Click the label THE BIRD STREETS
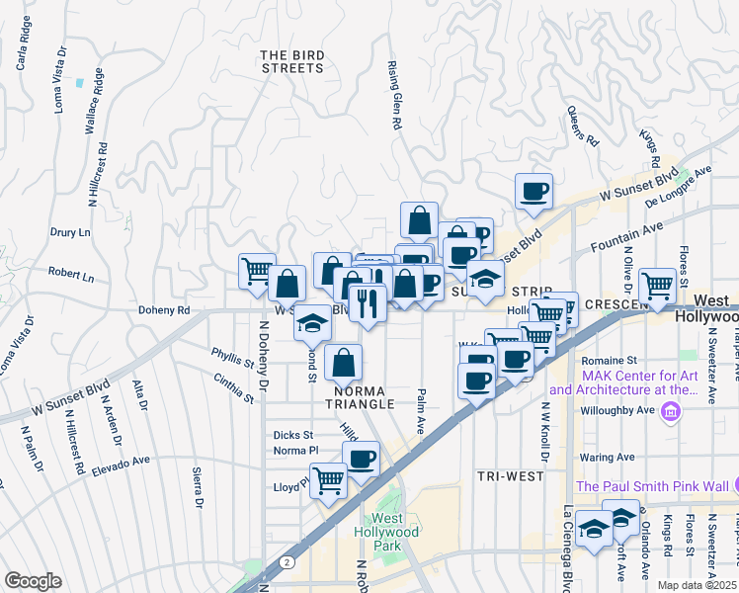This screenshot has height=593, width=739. [x=292, y=61]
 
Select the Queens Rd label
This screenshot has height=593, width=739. [x=583, y=127]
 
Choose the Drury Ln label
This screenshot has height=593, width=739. [x=70, y=233]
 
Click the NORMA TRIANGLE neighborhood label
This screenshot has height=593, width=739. [x=361, y=397]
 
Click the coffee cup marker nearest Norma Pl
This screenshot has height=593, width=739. [x=361, y=458]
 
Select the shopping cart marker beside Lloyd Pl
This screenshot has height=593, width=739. [x=329, y=481]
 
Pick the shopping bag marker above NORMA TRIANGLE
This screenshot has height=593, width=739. [x=343, y=362]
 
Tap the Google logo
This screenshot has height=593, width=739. [x=33, y=582]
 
